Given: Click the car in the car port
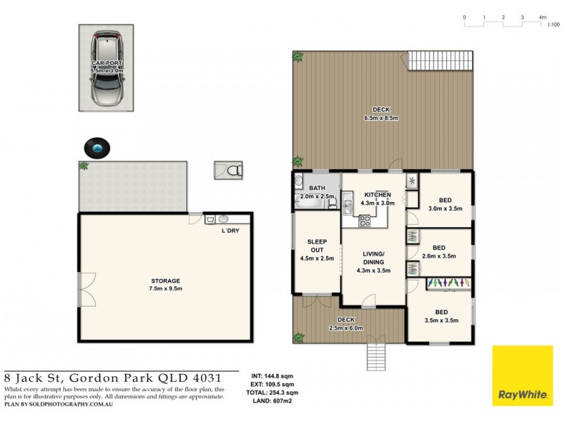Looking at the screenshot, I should coord(106,68).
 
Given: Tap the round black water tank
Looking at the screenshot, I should coord(97,147).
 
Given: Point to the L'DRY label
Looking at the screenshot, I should coord(230,231).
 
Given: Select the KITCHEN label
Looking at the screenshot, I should coord(377,194).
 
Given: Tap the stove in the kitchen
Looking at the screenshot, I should coord(365,221).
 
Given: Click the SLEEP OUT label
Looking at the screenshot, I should coord(317,245).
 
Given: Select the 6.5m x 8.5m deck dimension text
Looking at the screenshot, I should coord(381,118).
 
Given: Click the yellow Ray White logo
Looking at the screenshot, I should coord(522,376).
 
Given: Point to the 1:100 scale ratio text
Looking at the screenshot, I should coord(553,25).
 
